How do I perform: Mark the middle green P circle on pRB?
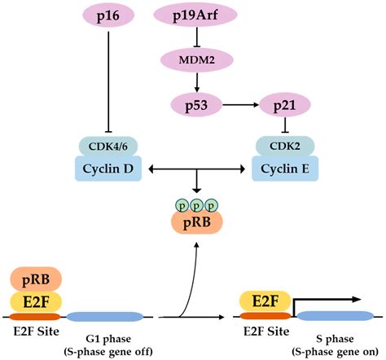click(195, 205)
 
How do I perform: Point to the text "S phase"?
click(334, 336)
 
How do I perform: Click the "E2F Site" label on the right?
click(264, 332)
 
